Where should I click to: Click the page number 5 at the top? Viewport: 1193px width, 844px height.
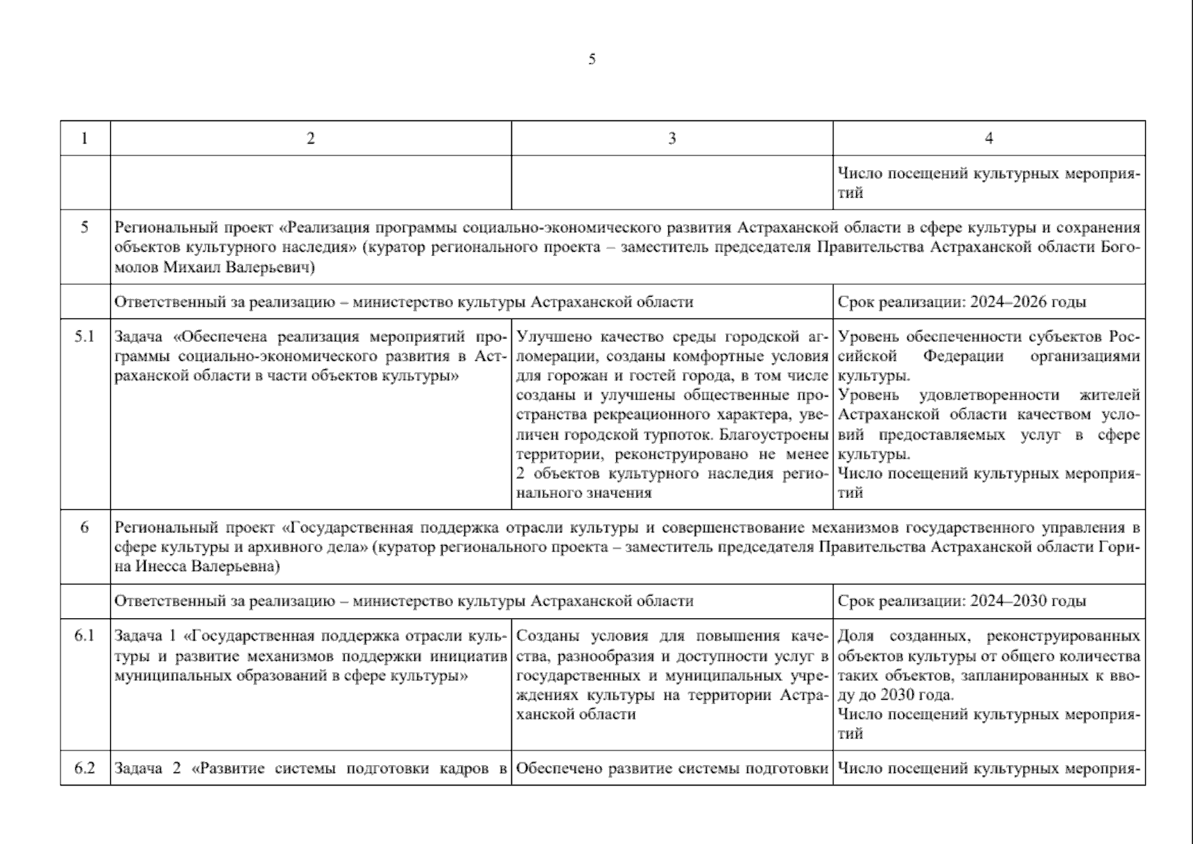(x=592, y=60)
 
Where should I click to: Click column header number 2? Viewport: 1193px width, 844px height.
(x=311, y=139)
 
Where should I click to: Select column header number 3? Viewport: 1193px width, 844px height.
(x=672, y=139)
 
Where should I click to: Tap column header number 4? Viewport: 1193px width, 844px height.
(x=989, y=139)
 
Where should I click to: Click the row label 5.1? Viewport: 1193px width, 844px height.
(x=84, y=337)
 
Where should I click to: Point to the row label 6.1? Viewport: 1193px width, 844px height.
(x=84, y=637)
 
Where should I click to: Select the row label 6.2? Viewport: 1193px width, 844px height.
(x=84, y=768)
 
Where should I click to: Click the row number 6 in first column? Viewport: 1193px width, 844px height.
(x=84, y=527)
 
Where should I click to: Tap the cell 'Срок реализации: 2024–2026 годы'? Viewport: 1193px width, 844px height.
(x=962, y=302)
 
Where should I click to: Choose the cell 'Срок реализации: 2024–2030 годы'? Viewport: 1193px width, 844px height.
(x=962, y=601)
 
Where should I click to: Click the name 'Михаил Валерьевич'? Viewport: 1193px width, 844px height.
(x=239, y=268)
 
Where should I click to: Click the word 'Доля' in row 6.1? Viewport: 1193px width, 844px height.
(x=855, y=637)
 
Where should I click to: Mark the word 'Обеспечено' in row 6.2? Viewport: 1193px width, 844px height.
(x=556, y=768)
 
